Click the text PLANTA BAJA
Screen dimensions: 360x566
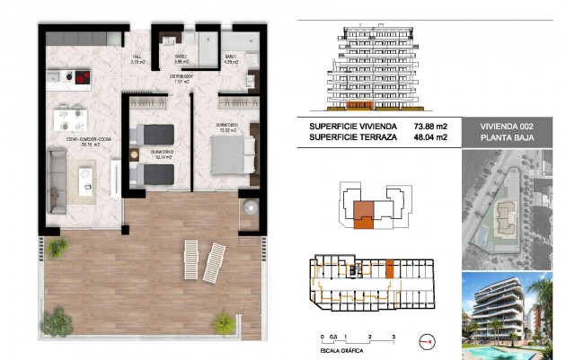(x=505, y=138)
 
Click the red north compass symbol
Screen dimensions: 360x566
(x=428, y=341)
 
